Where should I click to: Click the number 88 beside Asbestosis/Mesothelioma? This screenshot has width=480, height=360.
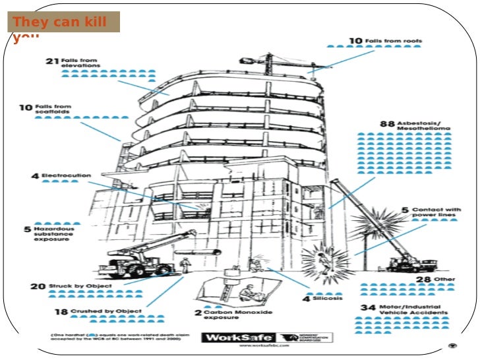pos(386,123)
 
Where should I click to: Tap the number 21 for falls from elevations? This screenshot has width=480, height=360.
pos(53,62)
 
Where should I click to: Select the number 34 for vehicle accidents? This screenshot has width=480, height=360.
pos(368,308)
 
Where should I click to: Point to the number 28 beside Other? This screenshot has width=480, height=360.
pos(423,280)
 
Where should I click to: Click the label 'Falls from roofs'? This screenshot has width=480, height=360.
pos(394,40)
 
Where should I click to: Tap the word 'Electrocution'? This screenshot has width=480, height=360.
pos(66,176)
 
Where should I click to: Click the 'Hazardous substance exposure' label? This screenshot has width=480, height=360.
pos(52,234)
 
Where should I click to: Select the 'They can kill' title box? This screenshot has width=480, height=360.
pos(63,22)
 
